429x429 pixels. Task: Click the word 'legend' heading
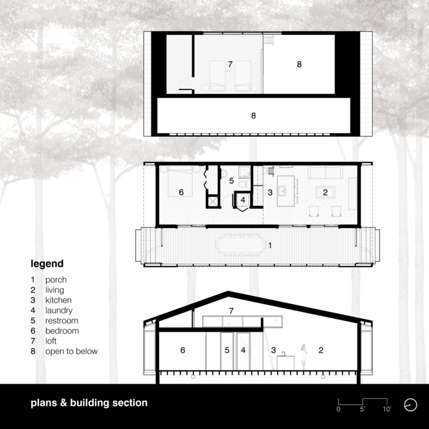(47, 264)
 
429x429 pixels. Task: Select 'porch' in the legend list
(56, 280)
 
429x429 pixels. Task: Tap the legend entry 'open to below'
(72, 351)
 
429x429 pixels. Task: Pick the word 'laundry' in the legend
(59, 311)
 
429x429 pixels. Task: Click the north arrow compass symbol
(411, 404)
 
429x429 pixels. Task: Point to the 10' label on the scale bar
(387, 409)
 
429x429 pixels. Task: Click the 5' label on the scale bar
(362, 409)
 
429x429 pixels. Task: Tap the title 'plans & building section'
(89, 403)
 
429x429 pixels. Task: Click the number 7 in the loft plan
(230, 64)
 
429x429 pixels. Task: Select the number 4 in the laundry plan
(243, 200)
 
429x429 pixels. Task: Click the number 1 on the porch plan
(270, 245)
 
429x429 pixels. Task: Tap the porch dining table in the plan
(240, 245)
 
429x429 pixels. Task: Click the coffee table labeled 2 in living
(325, 192)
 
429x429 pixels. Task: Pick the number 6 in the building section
(183, 350)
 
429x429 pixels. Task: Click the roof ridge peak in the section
(228, 292)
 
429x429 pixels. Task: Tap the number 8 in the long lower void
(253, 116)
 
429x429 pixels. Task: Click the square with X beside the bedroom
(213, 202)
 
